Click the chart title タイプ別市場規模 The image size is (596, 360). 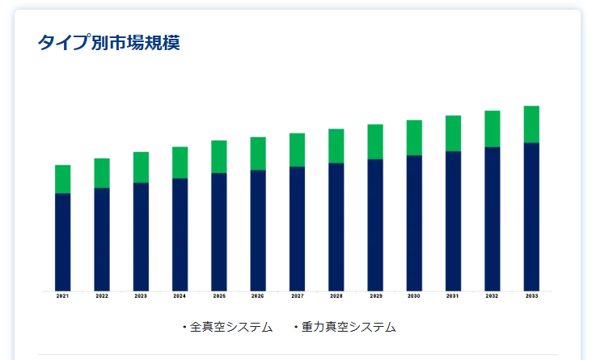pyautogui.click(x=108, y=43)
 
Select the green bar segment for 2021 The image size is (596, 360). pyautogui.click(x=63, y=179)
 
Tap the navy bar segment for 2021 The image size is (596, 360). pyautogui.click(x=63, y=241)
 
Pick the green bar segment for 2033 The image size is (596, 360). pyautogui.click(x=531, y=124)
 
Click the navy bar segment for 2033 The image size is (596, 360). pyautogui.click(x=531, y=216)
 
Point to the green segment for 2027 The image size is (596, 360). pyautogui.click(x=298, y=150)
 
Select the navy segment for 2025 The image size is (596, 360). pyautogui.click(x=219, y=231)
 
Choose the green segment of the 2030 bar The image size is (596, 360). pyautogui.click(x=414, y=138)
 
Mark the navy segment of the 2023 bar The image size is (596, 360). pyautogui.click(x=142, y=236)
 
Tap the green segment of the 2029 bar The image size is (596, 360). pyautogui.click(x=375, y=142)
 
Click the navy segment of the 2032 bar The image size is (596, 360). pyautogui.click(x=492, y=218)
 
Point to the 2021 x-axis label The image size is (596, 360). pyautogui.click(x=63, y=297)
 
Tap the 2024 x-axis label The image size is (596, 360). pyautogui.click(x=180, y=297)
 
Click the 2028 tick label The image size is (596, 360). pyautogui.click(x=336, y=297)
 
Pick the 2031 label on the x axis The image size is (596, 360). pyautogui.click(x=453, y=297)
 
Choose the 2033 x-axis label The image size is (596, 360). pyautogui.click(x=531, y=297)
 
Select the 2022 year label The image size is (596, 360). pyautogui.click(x=102, y=297)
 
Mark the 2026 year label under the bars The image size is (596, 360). pyautogui.click(x=258, y=297)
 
